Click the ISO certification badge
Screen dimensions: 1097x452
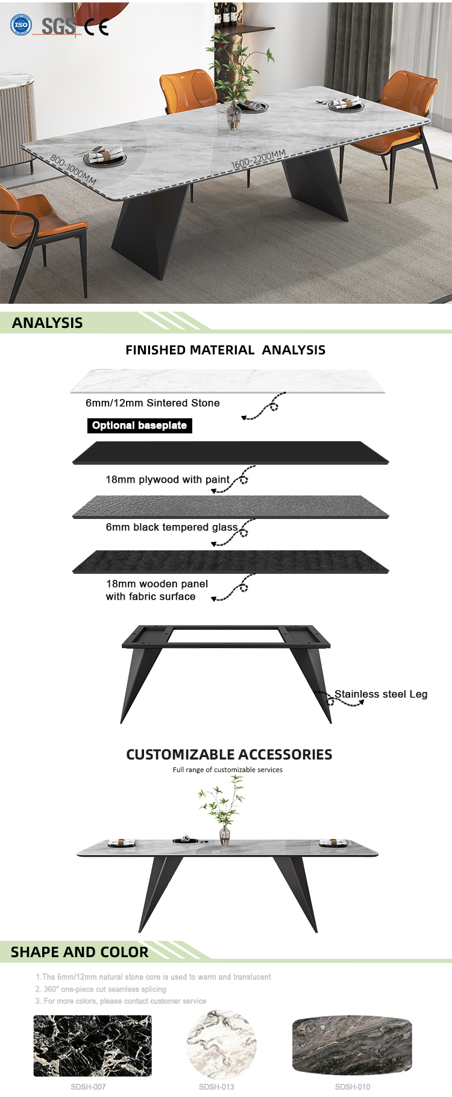[x=21, y=25]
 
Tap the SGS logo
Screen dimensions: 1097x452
[x=58, y=26]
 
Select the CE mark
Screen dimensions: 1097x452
[x=96, y=27]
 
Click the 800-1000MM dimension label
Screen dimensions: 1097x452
[x=73, y=169]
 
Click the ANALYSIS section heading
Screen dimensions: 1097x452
[x=48, y=322]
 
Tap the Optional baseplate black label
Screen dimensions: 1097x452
[x=139, y=426]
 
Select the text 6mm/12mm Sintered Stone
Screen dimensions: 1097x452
[x=152, y=403]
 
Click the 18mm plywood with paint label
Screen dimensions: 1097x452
[x=168, y=480]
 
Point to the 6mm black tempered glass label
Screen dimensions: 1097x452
[x=172, y=527]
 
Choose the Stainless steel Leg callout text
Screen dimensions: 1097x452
[x=381, y=694]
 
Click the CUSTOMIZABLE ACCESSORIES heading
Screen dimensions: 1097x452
[x=229, y=754]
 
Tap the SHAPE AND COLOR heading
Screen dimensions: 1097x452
[x=80, y=952]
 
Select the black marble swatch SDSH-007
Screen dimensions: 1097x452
[x=92, y=1046]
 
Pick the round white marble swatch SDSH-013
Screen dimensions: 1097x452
[x=222, y=1045]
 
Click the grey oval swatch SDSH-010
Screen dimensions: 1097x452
[x=352, y=1045]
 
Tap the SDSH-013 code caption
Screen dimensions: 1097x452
[x=216, y=1087]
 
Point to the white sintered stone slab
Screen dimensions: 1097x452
[x=228, y=381]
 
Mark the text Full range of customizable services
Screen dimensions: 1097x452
[x=227, y=770]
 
